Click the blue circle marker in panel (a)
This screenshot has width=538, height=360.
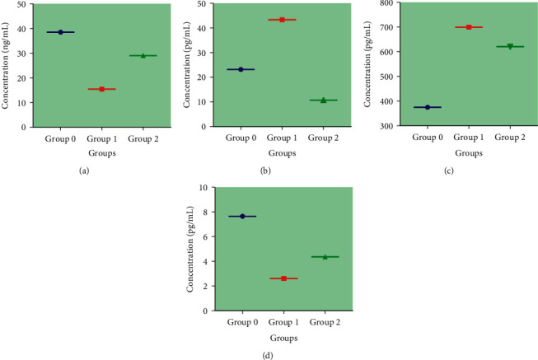click(x=60, y=32)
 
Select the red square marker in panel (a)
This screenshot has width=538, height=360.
click(x=102, y=89)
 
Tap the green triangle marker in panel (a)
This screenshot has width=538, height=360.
click(x=143, y=55)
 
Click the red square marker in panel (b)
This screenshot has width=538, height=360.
click(x=282, y=20)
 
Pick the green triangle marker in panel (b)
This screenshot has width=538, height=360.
click(x=323, y=100)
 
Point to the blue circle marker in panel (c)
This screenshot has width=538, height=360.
click(x=428, y=107)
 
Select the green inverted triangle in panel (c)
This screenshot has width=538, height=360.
click(x=510, y=46)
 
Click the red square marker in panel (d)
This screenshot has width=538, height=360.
click(x=283, y=278)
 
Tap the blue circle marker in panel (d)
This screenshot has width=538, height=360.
click(x=242, y=216)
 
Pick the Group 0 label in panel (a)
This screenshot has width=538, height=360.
click(x=61, y=138)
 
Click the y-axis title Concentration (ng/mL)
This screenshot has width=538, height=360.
click(x=7, y=65)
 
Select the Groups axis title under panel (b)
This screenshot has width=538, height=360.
click(x=281, y=152)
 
